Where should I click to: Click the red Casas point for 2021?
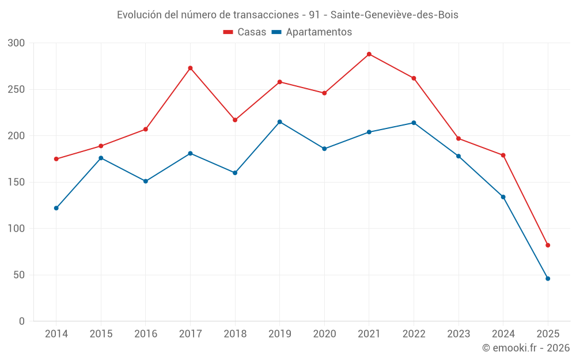click(x=369, y=54)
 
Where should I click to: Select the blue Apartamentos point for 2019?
click(x=280, y=122)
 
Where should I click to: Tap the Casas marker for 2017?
click(x=190, y=68)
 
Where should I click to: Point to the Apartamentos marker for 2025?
click(x=548, y=279)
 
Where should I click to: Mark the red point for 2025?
click(x=548, y=245)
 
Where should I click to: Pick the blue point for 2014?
click(x=56, y=208)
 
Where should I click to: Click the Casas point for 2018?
click(x=235, y=120)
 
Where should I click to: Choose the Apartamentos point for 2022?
click(x=414, y=123)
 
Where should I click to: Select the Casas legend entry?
click(x=245, y=32)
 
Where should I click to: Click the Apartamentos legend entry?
click(x=312, y=32)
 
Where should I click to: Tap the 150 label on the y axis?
click(x=17, y=183)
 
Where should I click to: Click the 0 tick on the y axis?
click(x=22, y=321)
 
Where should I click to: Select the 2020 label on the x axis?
click(x=324, y=334)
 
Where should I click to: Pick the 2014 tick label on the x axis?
click(x=56, y=334)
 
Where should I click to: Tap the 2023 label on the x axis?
click(x=458, y=334)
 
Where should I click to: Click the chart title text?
click(x=287, y=15)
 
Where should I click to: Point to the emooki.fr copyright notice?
click(x=526, y=348)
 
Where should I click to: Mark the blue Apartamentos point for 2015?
click(x=101, y=158)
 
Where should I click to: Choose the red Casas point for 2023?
click(x=458, y=138)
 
